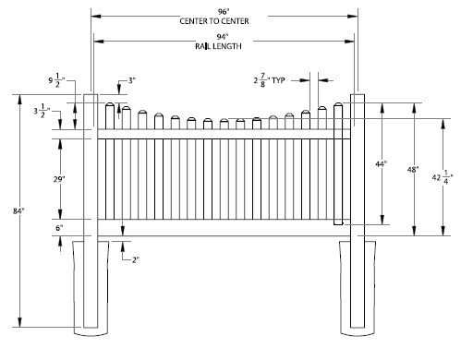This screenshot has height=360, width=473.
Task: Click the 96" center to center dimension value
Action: tap(224, 12)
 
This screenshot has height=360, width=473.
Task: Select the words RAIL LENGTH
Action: tap(218, 46)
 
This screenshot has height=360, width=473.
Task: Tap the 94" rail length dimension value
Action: tap(223, 37)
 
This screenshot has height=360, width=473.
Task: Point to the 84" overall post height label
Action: tap(18, 211)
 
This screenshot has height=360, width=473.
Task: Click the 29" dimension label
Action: tap(59, 179)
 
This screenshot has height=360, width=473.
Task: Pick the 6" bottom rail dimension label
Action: tap(59, 228)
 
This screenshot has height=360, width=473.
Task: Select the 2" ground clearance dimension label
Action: tap(136, 260)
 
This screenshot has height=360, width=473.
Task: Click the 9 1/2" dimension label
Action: tap(56, 80)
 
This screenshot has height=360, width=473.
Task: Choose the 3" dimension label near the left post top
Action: tap(132, 80)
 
